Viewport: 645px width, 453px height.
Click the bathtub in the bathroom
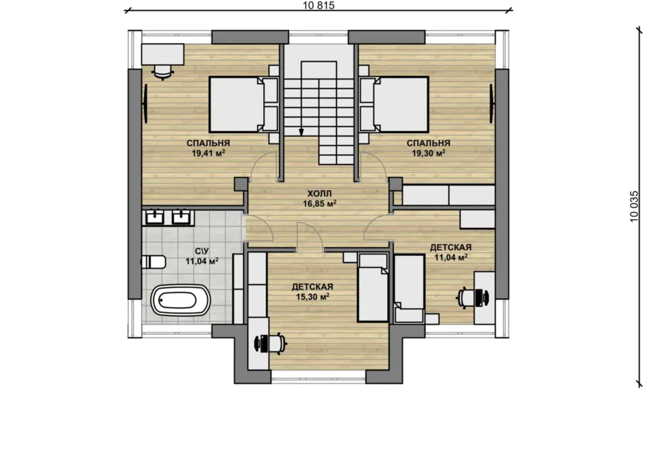[181, 300]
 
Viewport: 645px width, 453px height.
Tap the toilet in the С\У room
[153, 262]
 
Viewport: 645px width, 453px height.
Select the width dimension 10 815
[318, 5]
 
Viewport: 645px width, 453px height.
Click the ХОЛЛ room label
[319, 194]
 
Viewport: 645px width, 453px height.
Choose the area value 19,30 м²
[429, 153]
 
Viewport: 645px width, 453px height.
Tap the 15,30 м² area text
[312, 297]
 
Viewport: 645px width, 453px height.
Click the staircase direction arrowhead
[301, 132]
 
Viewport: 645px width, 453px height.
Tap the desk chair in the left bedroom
[163, 72]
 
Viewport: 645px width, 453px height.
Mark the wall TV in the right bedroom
[492, 103]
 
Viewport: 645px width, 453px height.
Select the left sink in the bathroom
[156, 217]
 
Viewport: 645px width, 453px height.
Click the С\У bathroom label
[202, 251]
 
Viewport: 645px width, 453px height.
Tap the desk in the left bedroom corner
[163, 54]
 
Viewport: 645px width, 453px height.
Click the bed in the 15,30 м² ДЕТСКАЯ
[372, 287]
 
